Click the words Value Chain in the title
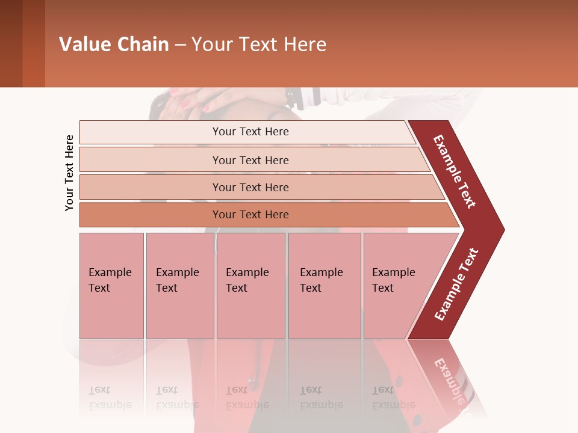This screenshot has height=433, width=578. (x=114, y=45)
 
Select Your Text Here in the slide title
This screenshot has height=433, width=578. (x=259, y=45)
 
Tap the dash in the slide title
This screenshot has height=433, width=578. (x=180, y=45)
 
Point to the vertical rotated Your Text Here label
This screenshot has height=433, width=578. (x=69, y=173)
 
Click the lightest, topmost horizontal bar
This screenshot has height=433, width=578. (x=250, y=132)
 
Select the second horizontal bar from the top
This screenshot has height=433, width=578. (x=250, y=160)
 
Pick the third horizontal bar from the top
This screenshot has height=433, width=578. (x=250, y=187)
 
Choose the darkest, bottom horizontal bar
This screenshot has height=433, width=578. (x=250, y=215)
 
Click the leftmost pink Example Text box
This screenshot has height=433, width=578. (x=111, y=286)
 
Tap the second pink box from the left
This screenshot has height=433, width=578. (x=180, y=286)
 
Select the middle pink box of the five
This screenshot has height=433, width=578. (x=250, y=286)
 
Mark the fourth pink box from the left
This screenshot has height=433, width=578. (x=325, y=286)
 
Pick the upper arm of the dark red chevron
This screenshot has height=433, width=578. (x=455, y=172)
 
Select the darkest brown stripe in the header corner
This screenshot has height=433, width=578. (x=11, y=43)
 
